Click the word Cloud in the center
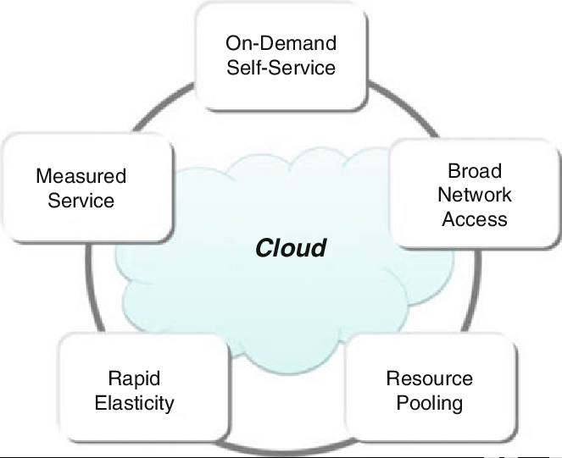coord(291,248)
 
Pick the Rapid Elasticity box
coord(134,391)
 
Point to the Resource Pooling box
coord(430,391)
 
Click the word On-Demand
coord(281,42)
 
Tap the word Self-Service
coord(281,66)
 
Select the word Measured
coord(81,177)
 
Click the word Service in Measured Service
coord(81,201)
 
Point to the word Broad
coord(475,171)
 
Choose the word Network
coord(475,195)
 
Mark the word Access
coord(475,219)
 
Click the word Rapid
coord(134,378)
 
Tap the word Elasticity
coord(134,403)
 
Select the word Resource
coord(430,378)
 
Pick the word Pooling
coord(430,403)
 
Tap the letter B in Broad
coord(454,171)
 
